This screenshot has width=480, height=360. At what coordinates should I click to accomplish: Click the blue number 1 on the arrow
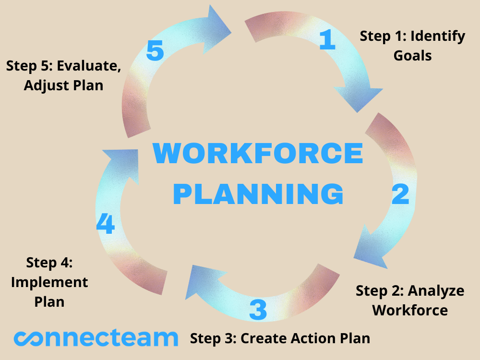327,39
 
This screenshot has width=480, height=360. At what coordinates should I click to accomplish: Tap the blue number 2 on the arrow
400,194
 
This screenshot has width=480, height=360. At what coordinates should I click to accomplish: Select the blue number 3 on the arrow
258,310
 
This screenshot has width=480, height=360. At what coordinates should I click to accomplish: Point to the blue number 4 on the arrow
105,224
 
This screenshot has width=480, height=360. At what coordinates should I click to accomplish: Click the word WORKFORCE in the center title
258,153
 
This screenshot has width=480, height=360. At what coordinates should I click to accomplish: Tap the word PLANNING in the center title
258,194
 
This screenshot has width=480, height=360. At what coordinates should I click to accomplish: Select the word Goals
412,56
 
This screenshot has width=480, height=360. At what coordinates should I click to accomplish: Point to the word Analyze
436,291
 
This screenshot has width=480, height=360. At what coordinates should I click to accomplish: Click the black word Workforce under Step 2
410,310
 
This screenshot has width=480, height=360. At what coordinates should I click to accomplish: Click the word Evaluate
89,66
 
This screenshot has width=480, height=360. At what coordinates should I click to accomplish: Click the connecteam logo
96,338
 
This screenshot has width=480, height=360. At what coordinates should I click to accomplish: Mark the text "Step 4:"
49,263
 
